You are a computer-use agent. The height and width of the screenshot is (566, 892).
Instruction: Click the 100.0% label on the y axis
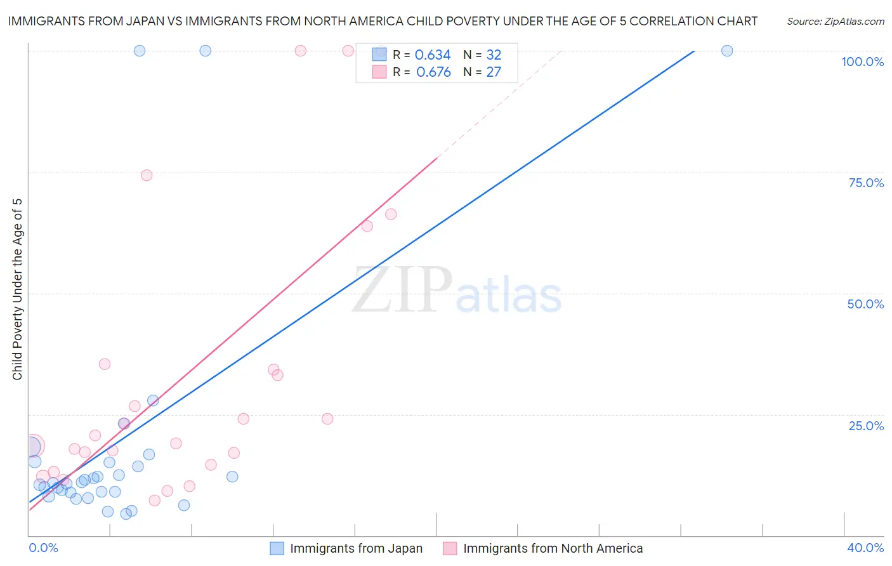[862, 62]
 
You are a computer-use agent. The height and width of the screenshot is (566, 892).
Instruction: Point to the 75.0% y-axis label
[866, 183]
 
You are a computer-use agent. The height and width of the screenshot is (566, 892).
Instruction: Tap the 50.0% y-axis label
[865, 304]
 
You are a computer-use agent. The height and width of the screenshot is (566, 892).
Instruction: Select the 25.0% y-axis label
[866, 425]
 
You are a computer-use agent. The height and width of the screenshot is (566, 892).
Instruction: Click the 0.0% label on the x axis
[43, 548]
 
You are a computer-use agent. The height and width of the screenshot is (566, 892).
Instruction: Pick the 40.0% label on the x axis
[865, 548]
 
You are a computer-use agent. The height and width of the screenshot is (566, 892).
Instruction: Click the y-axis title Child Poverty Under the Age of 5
[17, 289]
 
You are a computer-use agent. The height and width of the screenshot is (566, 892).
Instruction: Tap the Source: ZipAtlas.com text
[836, 21]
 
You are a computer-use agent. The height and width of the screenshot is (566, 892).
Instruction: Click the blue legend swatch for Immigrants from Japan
[277, 548]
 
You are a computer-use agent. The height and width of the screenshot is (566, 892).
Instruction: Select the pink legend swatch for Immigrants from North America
[450, 548]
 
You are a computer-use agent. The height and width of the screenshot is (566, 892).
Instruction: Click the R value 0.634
[433, 55]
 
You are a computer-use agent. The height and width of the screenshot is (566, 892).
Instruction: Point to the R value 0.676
[433, 72]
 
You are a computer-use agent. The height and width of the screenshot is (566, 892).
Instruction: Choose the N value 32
[494, 55]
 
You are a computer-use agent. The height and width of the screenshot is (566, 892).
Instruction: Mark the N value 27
[494, 72]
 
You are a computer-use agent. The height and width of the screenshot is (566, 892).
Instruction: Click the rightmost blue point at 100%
[727, 51]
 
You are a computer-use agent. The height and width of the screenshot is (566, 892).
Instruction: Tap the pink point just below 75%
[147, 175]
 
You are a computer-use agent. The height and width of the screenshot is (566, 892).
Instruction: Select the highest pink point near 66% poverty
[391, 214]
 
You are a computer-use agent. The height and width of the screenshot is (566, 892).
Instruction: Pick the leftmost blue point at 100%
[140, 51]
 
